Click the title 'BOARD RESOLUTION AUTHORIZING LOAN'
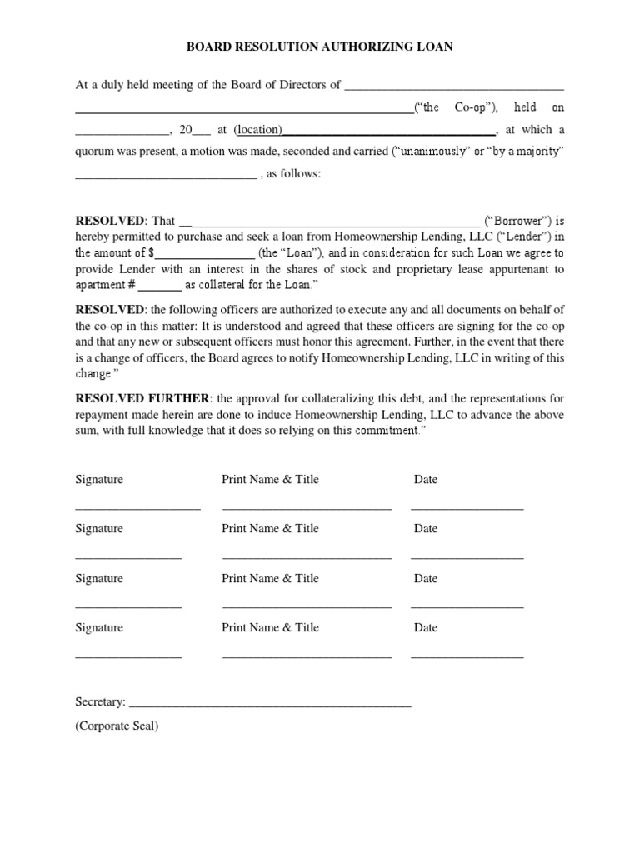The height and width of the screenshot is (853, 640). (x=319, y=47)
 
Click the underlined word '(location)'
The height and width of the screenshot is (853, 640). (x=258, y=130)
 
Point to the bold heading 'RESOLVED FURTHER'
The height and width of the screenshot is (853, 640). (x=142, y=398)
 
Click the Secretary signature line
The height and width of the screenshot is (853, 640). (x=270, y=705)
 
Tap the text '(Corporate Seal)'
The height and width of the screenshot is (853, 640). (x=117, y=726)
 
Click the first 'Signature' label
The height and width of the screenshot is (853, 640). (x=99, y=479)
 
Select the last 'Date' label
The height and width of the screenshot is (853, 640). (x=426, y=627)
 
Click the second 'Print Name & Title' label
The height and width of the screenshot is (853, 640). (x=270, y=528)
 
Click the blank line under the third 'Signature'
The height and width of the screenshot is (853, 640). (x=128, y=606)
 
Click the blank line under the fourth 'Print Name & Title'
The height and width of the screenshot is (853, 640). (x=307, y=656)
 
